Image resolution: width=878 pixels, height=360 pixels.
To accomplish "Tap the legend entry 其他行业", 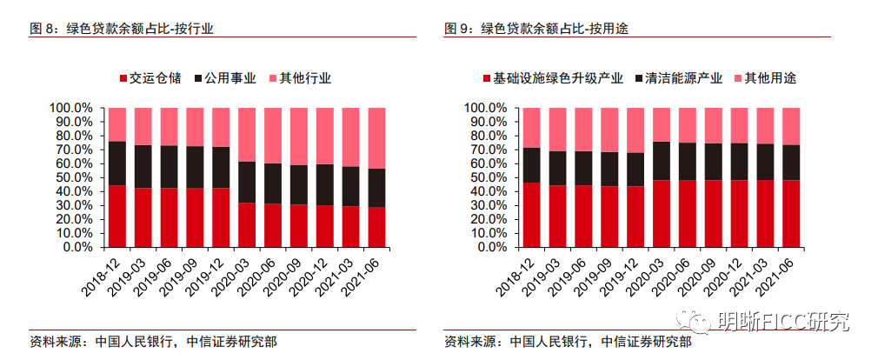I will (304, 78).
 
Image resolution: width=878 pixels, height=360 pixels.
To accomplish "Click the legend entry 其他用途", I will (771, 78).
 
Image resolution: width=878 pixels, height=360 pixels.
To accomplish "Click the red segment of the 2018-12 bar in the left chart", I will (116, 216).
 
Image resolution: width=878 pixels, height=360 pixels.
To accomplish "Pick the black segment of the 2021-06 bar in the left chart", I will (376, 188).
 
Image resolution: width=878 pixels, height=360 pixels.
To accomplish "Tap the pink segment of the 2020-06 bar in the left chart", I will (273, 136).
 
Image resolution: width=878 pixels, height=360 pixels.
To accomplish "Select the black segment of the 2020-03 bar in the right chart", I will (661, 161).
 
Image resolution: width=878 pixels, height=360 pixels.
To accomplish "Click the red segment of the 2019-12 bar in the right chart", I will (635, 216).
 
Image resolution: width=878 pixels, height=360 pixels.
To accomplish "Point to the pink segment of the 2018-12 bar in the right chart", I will (531, 128).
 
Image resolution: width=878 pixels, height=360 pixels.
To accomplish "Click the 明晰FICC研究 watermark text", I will (782, 322).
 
